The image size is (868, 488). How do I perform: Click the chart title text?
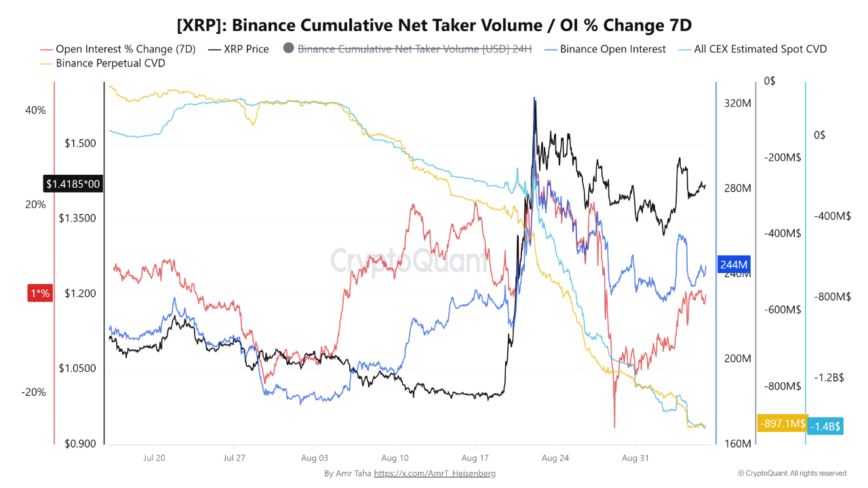tap(434, 26)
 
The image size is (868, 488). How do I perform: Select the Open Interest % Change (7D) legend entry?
tap(118, 49)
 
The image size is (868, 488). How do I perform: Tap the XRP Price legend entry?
tap(238, 49)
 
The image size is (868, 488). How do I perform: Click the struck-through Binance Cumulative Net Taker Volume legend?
tap(408, 49)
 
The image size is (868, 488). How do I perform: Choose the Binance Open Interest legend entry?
tap(605, 49)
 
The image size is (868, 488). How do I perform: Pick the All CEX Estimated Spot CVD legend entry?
tap(753, 49)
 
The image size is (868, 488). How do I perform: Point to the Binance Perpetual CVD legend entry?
tap(102, 63)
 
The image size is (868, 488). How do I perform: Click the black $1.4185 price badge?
tap(73, 184)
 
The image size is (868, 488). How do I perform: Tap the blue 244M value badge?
tap(734, 264)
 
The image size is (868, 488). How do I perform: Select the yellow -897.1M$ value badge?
tap(783, 424)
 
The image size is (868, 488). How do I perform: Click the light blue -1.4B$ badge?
tap(825, 426)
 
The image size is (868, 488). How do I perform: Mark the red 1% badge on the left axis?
tap(40, 293)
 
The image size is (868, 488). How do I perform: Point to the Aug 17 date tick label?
tap(475, 458)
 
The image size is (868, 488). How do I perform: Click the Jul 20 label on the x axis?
tap(154, 458)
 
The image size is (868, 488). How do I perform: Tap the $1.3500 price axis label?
tap(77, 218)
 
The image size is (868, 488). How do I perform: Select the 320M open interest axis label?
tap(737, 104)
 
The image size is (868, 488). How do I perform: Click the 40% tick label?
tap(35, 110)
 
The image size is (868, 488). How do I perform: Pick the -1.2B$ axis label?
tap(829, 378)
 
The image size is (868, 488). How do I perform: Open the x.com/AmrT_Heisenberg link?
tap(435, 473)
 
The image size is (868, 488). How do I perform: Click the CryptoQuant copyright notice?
tap(791, 473)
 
